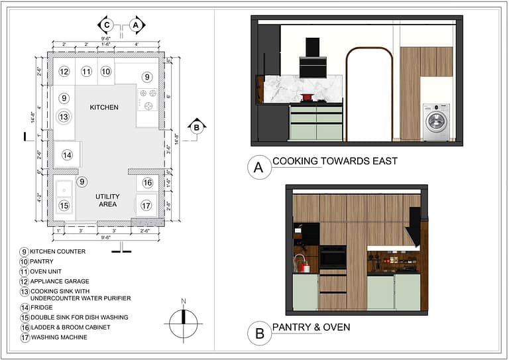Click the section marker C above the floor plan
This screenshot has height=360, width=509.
pyautogui.click(x=106, y=25)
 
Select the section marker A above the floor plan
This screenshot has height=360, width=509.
pyautogui.click(x=136, y=25)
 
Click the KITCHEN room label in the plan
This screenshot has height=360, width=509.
pyautogui.click(x=104, y=107)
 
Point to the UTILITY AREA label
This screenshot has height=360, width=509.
pyautogui.click(x=107, y=201)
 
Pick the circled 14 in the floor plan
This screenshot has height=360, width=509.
pyautogui.click(x=67, y=155)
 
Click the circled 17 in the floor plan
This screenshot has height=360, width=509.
pyautogui.click(x=146, y=206)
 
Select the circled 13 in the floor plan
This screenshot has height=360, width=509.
pyautogui.click(x=64, y=117)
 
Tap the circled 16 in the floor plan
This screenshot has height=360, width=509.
pyautogui.click(x=147, y=183)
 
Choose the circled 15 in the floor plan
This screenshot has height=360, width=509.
pyautogui.click(x=64, y=206)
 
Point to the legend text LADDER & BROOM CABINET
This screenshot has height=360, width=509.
pyautogui.click(x=70, y=327)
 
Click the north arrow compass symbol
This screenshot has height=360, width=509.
pyautogui.click(x=184, y=324)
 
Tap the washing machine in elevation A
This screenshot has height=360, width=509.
pyautogui.click(x=436, y=122)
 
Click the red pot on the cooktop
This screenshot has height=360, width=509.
pyautogui.click(x=308, y=97)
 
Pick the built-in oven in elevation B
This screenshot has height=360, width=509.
pyautogui.click(x=333, y=257)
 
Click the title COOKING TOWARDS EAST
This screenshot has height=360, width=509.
pyautogui.click(x=335, y=161)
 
